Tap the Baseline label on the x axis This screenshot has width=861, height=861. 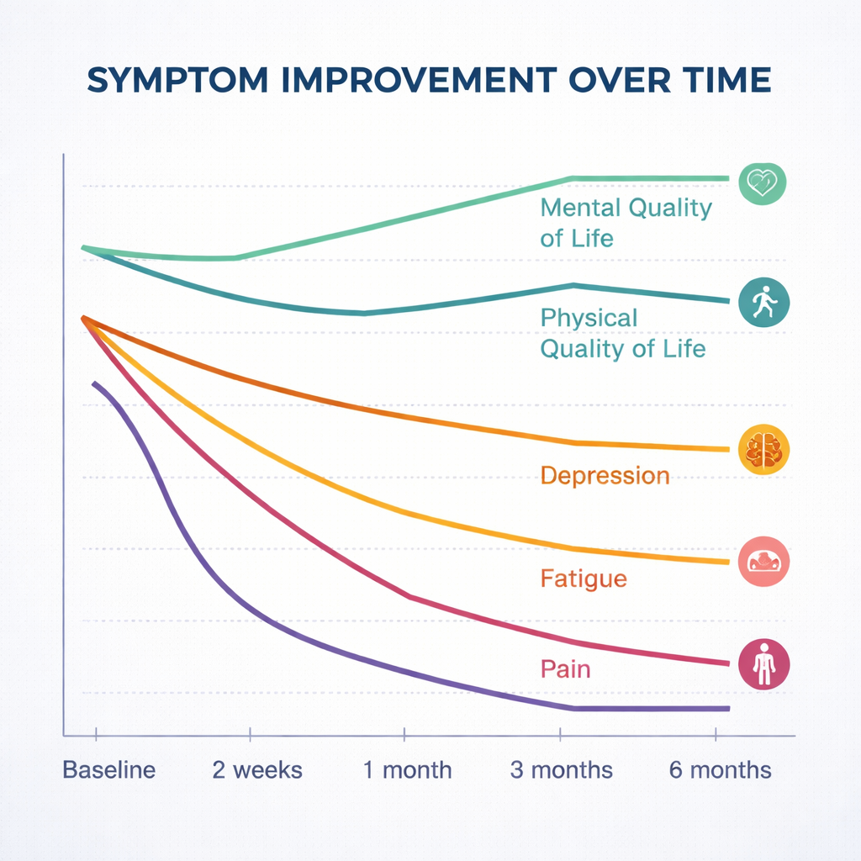pyautogui.click(x=109, y=769)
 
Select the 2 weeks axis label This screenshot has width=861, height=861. pyautogui.click(x=257, y=769)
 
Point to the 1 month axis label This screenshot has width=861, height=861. pyautogui.click(x=407, y=769)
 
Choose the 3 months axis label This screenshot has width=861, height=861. pyautogui.click(x=562, y=769)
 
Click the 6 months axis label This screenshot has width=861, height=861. pyautogui.click(x=720, y=769)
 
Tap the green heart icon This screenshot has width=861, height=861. pyautogui.click(x=762, y=183)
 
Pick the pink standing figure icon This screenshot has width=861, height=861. pyautogui.click(x=763, y=663)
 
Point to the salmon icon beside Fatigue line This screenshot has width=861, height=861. pyautogui.click(x=763, y=560)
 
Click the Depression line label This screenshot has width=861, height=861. pyautogui.click(x=605, y=476)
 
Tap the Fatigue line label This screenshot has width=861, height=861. pyautogui.click(x=583, y=578)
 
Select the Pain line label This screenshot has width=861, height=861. pyautogui.click(x=565, y=669)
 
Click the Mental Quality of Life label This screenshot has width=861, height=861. pyautogui.click(x=625, y=222)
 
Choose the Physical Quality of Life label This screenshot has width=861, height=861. pyautogui.click(x=621, y=333)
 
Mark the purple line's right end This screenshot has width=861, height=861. pyautogui.click(x=726, y=709)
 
